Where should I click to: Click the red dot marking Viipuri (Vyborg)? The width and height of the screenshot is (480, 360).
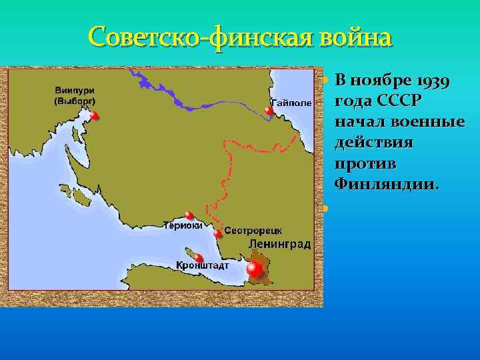pos(95,116)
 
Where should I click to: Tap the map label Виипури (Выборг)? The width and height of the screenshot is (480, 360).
pos(75,96)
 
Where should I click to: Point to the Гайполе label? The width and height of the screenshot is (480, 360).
pos(291,103)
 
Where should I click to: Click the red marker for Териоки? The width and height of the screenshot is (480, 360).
pos(190,215)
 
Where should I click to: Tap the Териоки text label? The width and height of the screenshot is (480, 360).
pos(183,225)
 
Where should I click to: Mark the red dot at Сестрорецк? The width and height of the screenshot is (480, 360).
pos(218,233)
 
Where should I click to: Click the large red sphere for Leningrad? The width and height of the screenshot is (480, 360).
pos(254,269)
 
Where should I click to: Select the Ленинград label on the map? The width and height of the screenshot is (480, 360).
pos(279,245)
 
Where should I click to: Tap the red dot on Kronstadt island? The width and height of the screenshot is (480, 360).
pos(199,258)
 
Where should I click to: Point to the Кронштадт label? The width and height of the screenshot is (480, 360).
pos(203,266)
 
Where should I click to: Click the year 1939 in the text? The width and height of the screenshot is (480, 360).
pos(433,82)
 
